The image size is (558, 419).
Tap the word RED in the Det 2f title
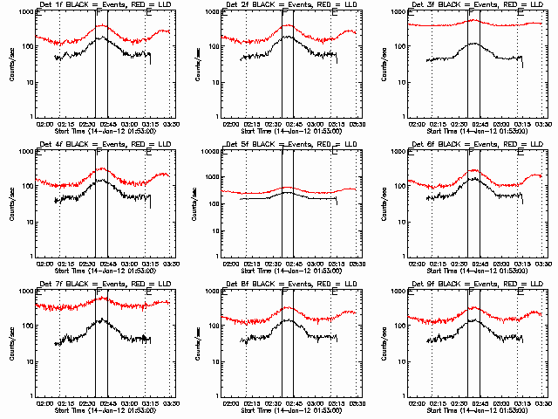[311, 6]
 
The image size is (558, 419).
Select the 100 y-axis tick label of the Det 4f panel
[26, 187]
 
